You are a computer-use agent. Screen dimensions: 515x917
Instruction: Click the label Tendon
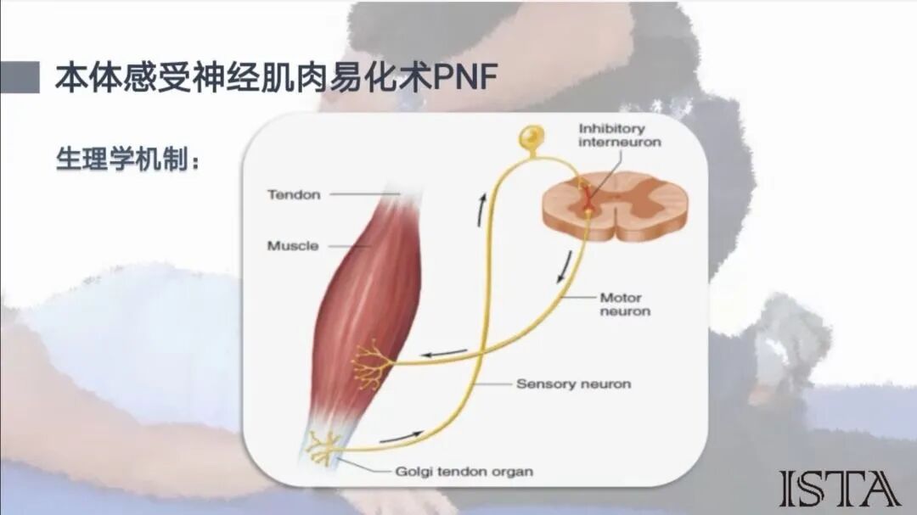[294, 194]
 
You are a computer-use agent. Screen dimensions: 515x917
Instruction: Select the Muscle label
[293, 246]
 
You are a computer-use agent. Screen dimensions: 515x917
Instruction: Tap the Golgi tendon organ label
[464, 471]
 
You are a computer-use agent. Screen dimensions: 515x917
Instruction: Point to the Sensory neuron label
[573, 383]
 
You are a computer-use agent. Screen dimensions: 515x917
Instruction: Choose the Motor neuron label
[625, 305]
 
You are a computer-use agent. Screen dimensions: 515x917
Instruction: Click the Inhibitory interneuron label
[619, 135]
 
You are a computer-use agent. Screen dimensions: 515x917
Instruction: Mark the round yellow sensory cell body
[532, 136]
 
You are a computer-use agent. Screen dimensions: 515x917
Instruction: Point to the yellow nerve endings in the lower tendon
[323, 448]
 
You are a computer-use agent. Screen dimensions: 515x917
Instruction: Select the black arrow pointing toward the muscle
[445, 353]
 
